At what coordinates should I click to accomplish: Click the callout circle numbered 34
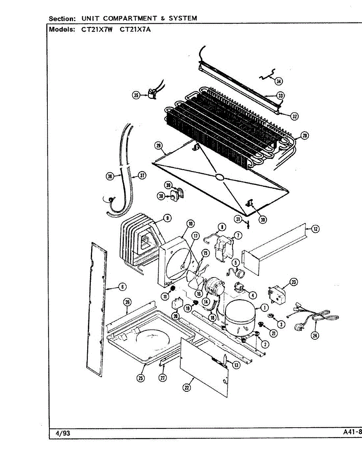[x=279, y=82]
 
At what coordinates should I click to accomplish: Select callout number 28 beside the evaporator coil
[x=304, y=136]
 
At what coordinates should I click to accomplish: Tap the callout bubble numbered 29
[x=159, y=147]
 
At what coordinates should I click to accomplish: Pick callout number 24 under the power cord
[x=315, y=335]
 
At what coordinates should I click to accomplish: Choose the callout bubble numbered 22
[x=186, y=387]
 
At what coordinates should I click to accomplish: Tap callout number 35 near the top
[x=137, y=95]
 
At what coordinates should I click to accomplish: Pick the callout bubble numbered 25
[x=141, y=378]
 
